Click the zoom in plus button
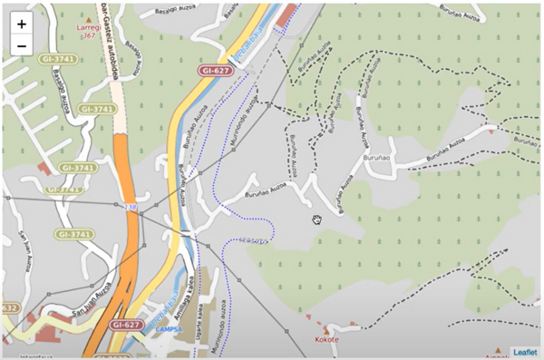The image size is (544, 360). (x=21, y=24)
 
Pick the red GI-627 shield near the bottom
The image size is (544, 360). (x=126, y=324)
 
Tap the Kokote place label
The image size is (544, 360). (x=326, y=339)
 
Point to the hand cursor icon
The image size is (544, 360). (x=317, y=219)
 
